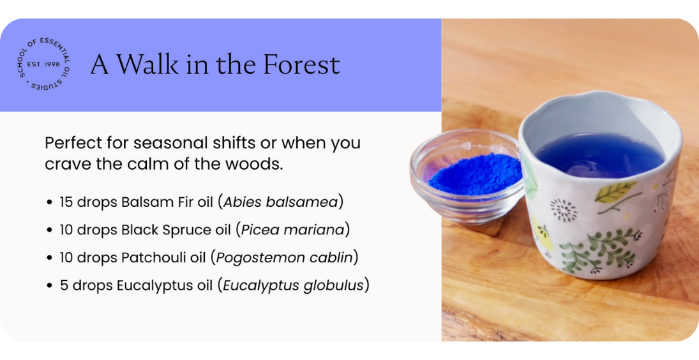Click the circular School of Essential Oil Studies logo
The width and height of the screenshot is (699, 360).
[43, 64]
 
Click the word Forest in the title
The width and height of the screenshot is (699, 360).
[301, 64]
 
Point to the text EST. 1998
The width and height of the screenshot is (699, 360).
[43, 64]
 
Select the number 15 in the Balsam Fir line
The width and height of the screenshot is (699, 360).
[66, 202]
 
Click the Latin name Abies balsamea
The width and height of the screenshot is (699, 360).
[280, 202]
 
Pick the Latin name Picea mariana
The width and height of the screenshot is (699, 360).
[293, 230]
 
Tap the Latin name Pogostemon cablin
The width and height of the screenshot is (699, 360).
[285, 257]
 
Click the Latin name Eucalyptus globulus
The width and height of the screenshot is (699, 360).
[294, 285]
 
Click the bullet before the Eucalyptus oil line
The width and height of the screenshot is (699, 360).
[49, 286]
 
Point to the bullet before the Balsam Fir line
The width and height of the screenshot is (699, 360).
[49, 202]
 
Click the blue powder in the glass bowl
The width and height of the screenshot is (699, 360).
[474, 174]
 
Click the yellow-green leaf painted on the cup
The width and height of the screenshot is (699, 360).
[615, 191]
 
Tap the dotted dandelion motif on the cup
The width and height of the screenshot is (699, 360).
[564, 210]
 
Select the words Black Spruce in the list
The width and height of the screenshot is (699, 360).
[175, 230]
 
